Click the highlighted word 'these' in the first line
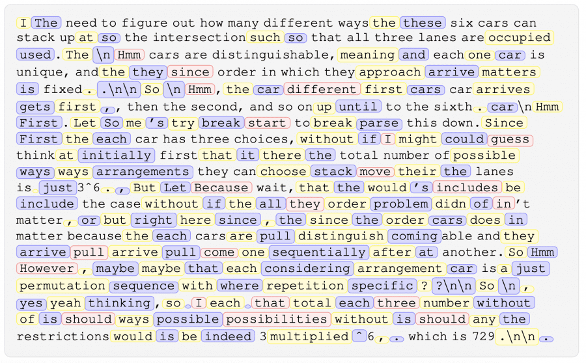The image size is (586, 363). point(422,23)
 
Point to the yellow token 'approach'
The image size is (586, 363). point(390,72)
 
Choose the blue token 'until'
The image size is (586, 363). point(357,106)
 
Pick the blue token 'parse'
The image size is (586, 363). point(380,122)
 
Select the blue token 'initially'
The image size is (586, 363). point(115,155)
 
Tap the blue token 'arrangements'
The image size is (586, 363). point(143,172)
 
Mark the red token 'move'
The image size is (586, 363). point(375,172)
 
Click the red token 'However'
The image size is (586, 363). point(46,268)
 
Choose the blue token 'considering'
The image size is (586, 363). point(307,268)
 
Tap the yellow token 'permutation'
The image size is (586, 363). point(63,285)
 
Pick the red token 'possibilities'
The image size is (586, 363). point(277,319)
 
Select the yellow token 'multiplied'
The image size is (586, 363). point(309,336)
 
